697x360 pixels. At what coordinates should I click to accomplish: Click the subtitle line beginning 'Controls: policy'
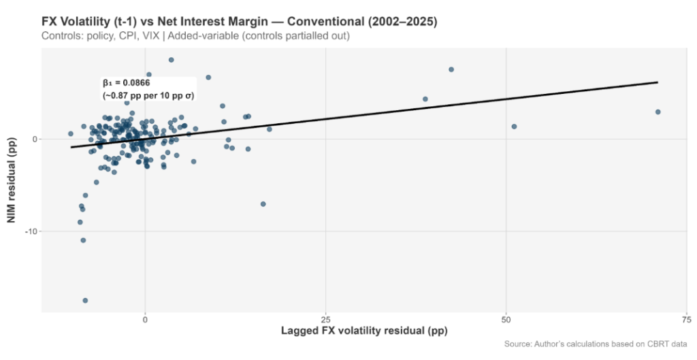(195, 35)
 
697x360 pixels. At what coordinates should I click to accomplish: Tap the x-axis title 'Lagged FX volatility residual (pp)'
(364, 331)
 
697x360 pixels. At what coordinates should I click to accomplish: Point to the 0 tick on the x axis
(145, 319)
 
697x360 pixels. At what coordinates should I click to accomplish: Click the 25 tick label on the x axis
(325, 319)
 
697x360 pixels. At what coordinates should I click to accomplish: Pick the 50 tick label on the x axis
(506, 319)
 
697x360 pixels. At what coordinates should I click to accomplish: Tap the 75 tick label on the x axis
(687, 319)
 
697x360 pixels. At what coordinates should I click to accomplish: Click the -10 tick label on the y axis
(30, 231)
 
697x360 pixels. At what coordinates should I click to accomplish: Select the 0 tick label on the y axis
(34, 139)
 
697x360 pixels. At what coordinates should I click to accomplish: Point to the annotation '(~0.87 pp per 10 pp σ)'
(148, 96)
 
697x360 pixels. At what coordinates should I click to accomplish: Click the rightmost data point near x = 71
(658, 112)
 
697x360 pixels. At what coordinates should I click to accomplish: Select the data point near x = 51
(514, 127)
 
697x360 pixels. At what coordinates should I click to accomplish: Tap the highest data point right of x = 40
(451, 69)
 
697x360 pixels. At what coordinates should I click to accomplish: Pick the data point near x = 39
(425, 99)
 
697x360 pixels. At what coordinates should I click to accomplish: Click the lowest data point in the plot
(85, 300)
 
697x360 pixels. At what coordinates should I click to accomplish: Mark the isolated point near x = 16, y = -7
(263, 204)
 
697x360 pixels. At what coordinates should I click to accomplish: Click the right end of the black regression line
(658, 82)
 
